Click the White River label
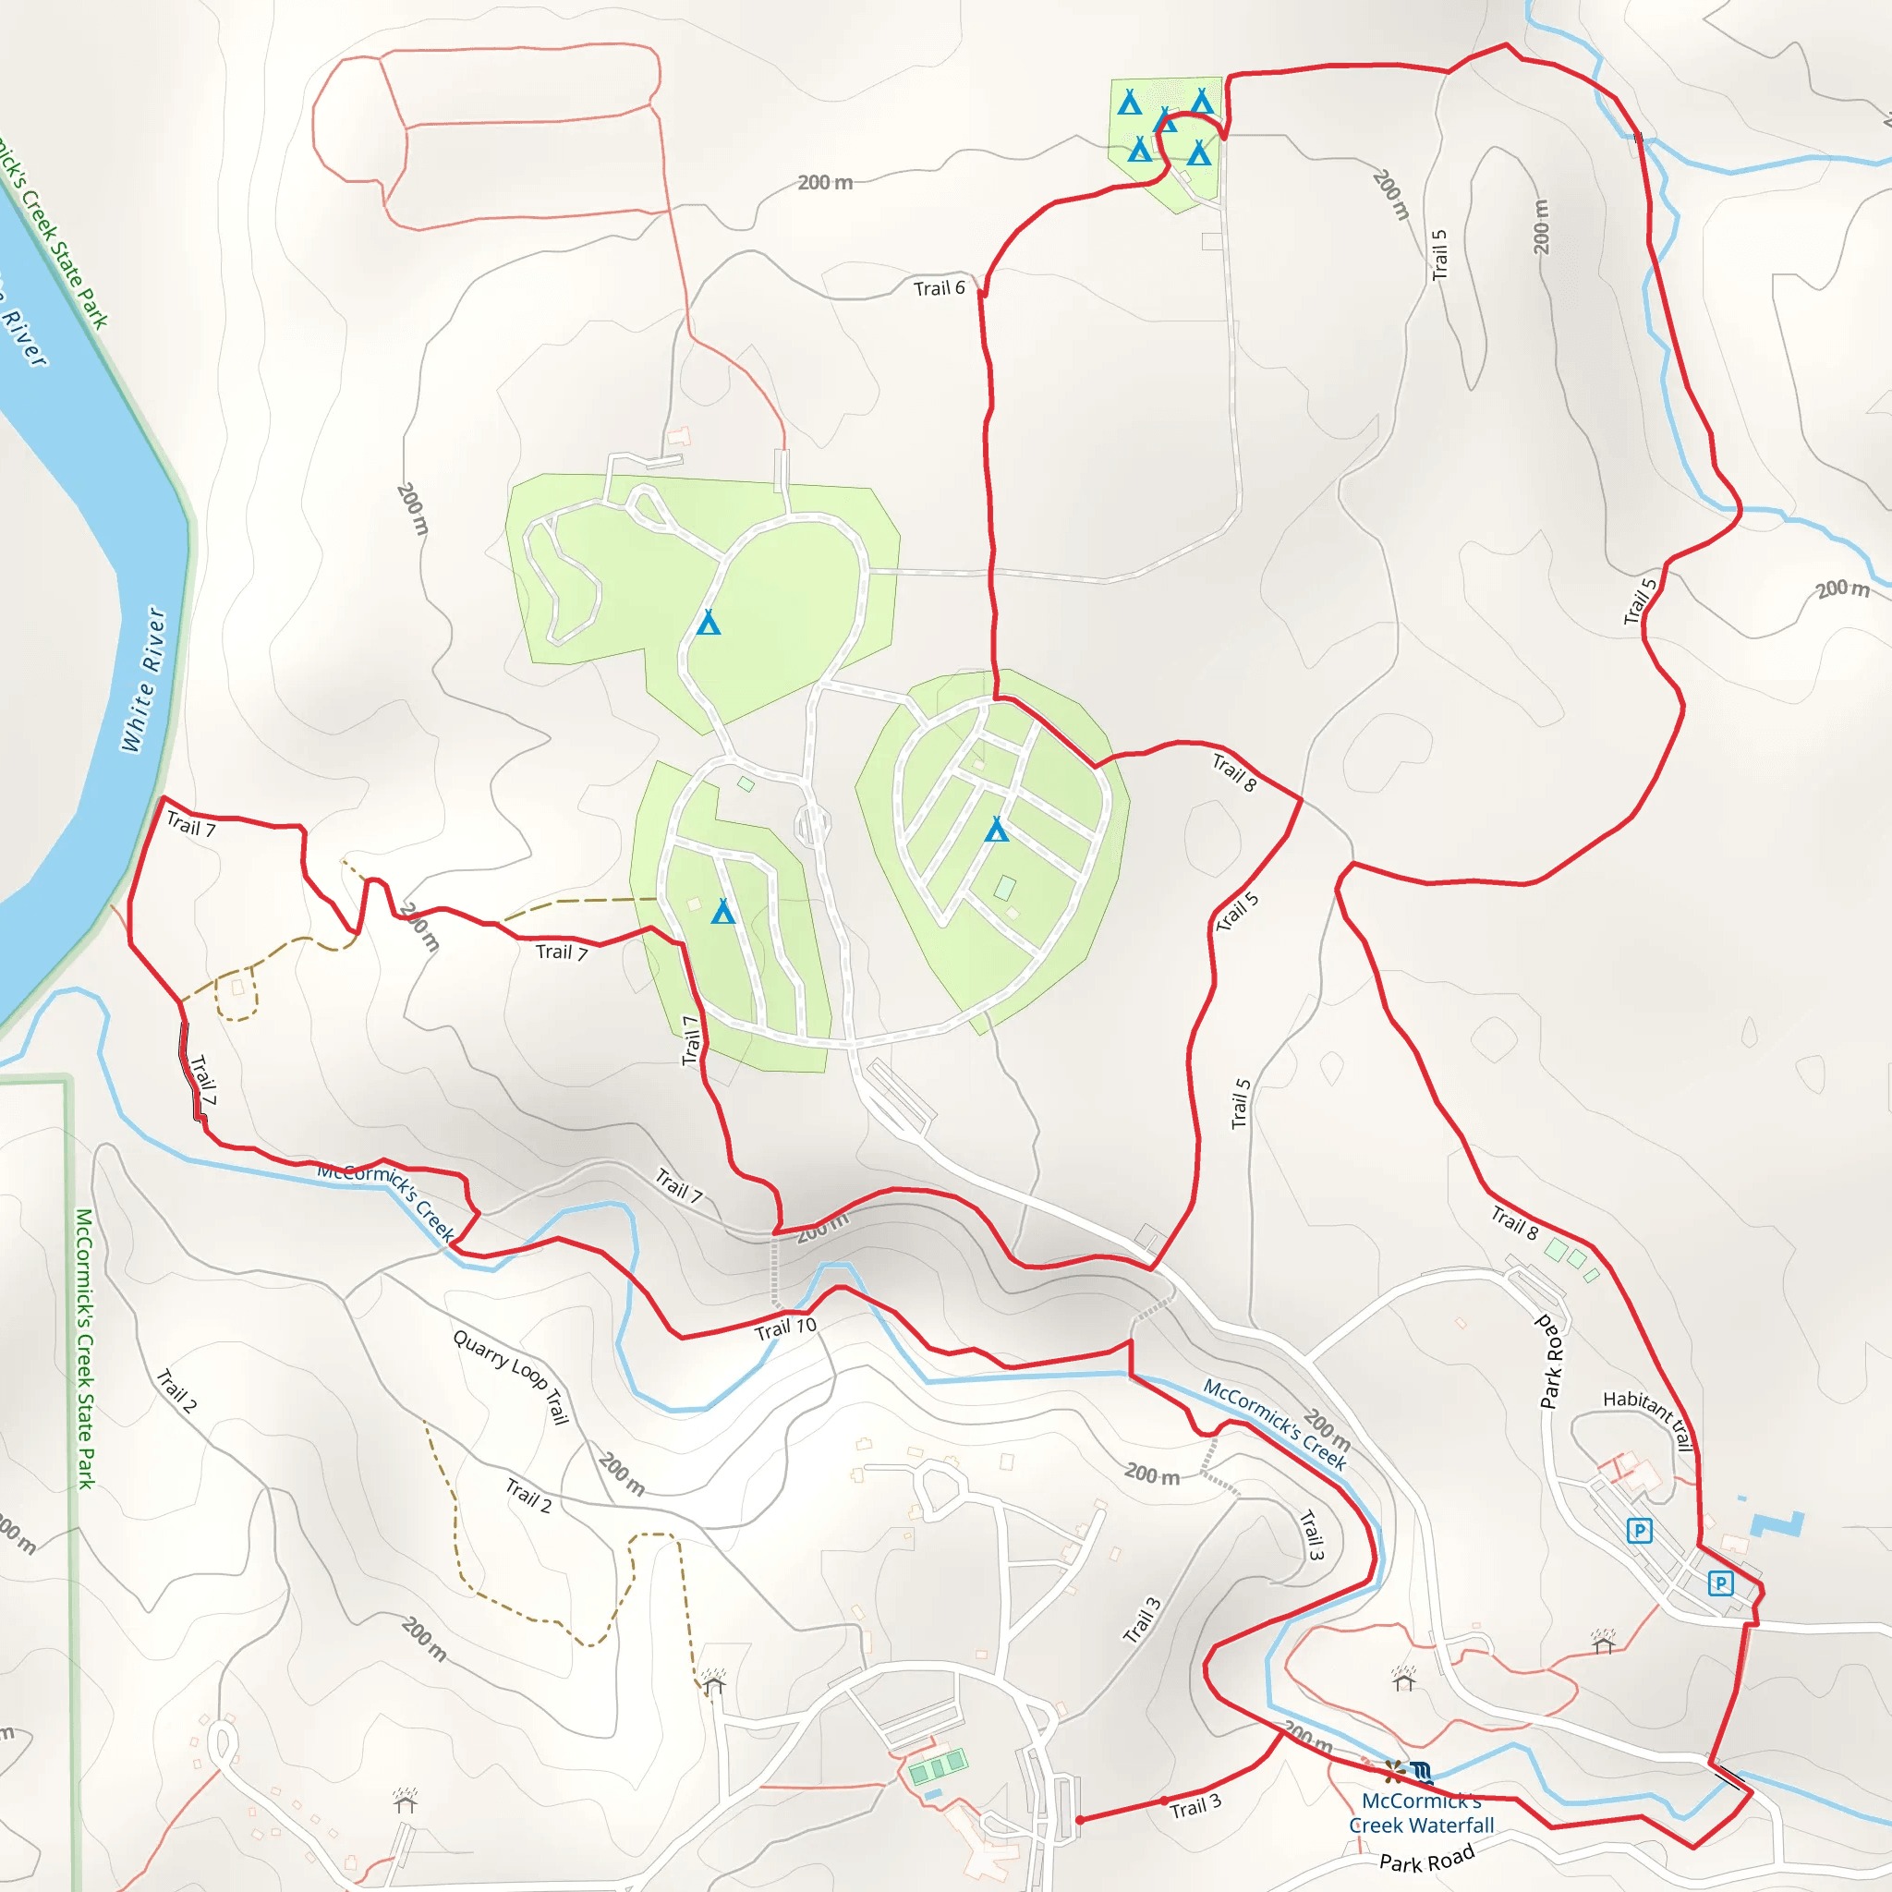[x=143, y=679]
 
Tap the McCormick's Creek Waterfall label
[x=1421, y=1813]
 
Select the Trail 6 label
[x=939, y=288]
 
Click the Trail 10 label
[x=784, y=1328]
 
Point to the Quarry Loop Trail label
[x=510, y=1376]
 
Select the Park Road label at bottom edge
[x=1425, y=1859]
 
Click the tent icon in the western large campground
[x=708, y=622]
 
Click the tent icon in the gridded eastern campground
[x=996, y=830]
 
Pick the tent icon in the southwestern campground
[x=722, y=912]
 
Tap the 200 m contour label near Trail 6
[x=825, y=183]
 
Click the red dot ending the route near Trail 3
[x=1079, y=1820]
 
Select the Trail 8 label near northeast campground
[x=1234, y=771]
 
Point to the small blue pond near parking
[x=1776, y=1524]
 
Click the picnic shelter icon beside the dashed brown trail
[x=713, y=1682]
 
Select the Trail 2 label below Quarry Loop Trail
[x=528, y=1497]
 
